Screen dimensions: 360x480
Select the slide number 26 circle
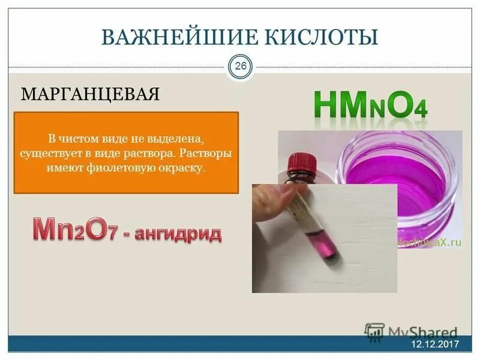coord(240,67)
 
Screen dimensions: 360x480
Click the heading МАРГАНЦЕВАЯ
coord(91,94)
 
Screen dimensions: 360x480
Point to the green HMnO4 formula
coord(370,105)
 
